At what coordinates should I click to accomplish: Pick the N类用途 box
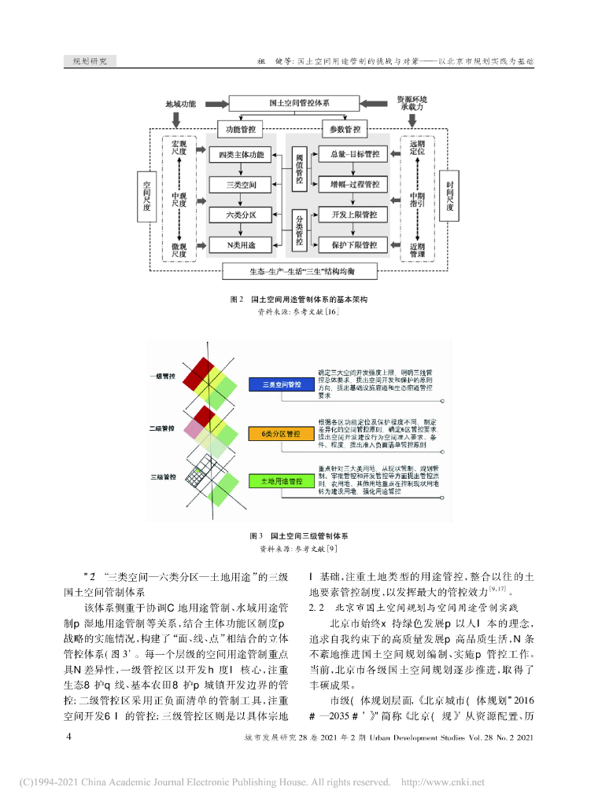tap(241, 244)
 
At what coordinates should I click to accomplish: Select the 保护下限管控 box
tap(349, 244)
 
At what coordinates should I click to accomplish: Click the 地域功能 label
tap(180, 104)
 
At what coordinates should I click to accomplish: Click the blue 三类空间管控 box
tap(280, 384)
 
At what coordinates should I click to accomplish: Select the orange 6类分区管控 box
tap(280, 433)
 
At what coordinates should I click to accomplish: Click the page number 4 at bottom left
tap(69, 737)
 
